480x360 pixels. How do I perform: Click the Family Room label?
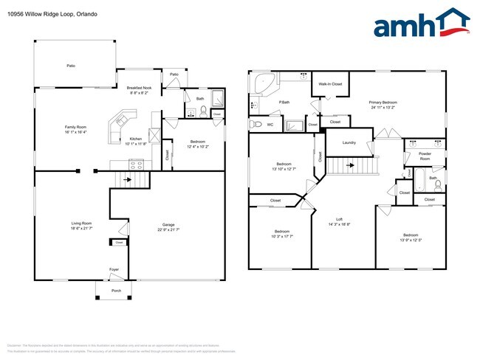pyautogui.click(x=76, y=128)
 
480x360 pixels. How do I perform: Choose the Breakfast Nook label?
pyautogui.click(x=139, y=88)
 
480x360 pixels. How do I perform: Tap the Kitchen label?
pyautogui.click(x=136, y=139)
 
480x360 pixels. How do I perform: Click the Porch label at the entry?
pyautogui.click(x=116, y=290)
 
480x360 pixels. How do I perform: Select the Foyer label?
pyautogui.click(x=114, y=269)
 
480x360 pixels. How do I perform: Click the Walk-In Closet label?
pyautogui.click(x=330, y=84)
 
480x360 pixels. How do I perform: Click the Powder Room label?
pyautogui.click(x=425, y=157)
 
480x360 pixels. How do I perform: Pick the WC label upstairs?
pyautogui.click(x=270, y=125)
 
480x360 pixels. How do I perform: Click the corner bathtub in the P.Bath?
pyautogui.click(x=261, y=83)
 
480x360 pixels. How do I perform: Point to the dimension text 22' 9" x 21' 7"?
pyautogui.click(x=169, y=230)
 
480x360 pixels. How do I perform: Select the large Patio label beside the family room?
pyautogui.click(x=71, y=66)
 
